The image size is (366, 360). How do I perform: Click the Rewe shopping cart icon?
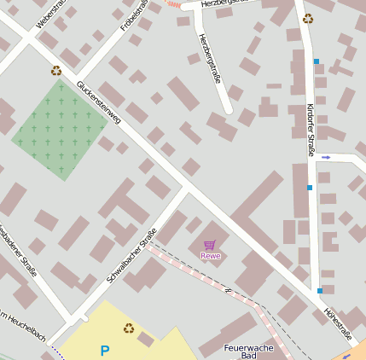click(x=209, y=245)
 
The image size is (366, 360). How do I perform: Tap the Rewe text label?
click(x=210, y=255)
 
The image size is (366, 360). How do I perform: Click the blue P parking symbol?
click(x=105, y=350)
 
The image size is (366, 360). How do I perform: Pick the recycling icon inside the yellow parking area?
click(x=128, y=328)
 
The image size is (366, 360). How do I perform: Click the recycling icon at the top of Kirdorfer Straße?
click(x=307, y=18)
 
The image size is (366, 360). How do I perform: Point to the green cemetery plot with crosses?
click(x=60, y=130)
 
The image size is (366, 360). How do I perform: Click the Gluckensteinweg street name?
click(x=99, y=103)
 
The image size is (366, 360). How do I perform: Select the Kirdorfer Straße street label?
click(x=310, y=129)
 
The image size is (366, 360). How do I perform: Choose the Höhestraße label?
click(x=338, y=323)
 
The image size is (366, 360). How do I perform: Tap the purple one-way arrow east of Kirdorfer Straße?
click(x=326, y=157)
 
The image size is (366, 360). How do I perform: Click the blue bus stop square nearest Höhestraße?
click(x=320, y=291)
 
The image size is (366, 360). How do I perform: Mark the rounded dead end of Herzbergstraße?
click(x=227, y=108)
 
